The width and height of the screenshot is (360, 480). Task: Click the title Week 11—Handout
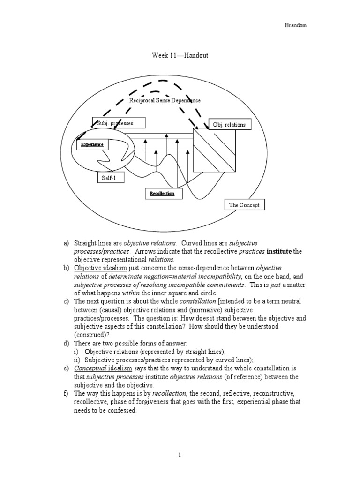[180, 55]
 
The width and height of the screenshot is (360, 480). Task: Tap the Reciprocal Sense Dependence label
[165, 100]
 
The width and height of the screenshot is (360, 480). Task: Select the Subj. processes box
[119, 123]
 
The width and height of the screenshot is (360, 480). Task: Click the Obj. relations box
[229, 124]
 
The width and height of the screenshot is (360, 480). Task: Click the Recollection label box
[162, 193]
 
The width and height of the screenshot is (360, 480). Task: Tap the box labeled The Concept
[244, 205]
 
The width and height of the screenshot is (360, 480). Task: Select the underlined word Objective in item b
[86, 268]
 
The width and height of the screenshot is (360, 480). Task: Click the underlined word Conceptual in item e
[90, 368]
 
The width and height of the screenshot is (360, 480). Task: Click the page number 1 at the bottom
[180, 455]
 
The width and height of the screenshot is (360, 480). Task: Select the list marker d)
[67, 344]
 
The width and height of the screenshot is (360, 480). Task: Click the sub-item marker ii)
[77, 360]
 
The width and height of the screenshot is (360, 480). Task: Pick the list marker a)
[66, 243]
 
